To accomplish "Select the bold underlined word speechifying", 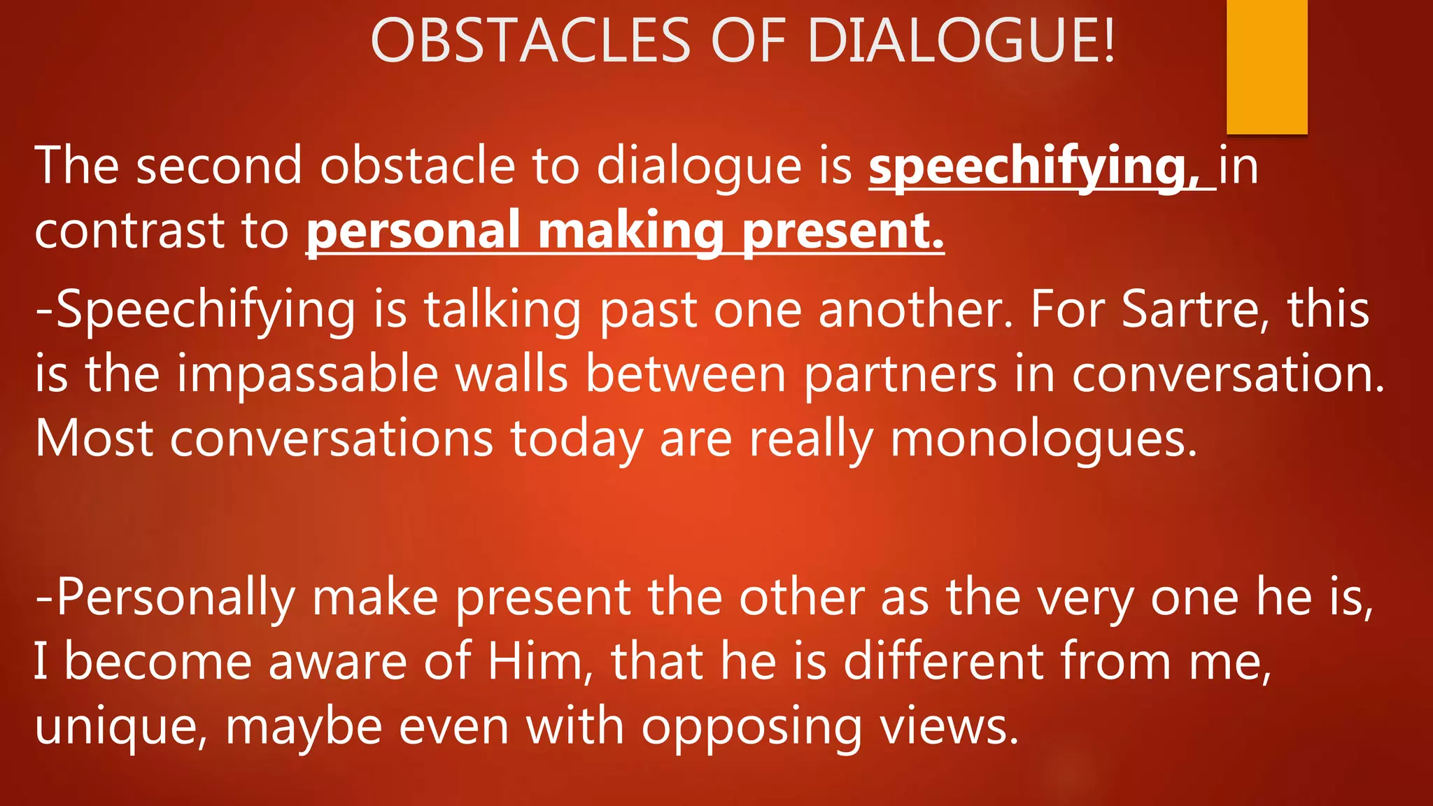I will [x=1033, y=168].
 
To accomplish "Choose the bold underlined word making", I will [x=630, y=232].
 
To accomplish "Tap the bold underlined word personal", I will [x=414, y=232].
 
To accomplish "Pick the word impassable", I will [x=307, y=375].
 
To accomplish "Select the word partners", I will [x=900, y=375].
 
